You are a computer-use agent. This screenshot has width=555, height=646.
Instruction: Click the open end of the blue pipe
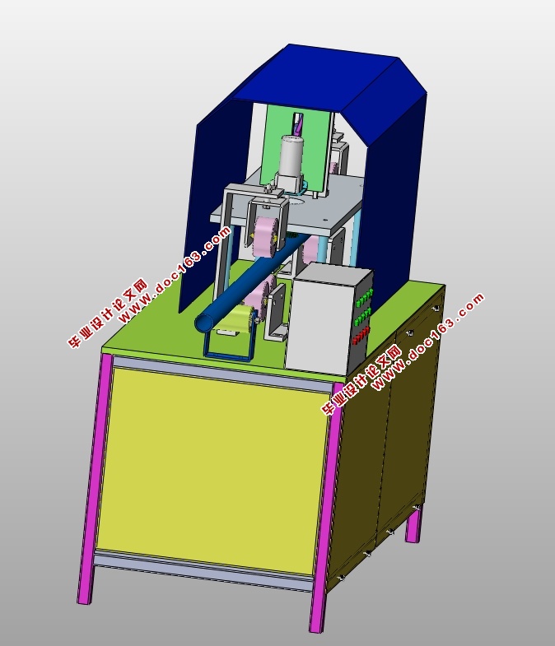[x=204, y=323]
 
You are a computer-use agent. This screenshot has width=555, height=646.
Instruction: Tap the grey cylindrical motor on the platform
[x=292, y=159]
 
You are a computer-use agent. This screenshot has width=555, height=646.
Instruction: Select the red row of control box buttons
[x=361, y=335]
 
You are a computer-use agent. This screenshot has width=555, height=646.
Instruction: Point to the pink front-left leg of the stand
[x=95, y=478]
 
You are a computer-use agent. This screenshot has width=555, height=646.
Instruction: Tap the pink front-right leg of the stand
[x=328, y=507]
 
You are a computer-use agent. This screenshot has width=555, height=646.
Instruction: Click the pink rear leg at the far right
[x=414, y=524]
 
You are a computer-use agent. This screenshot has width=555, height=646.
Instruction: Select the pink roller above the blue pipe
[x=266, y=237]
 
